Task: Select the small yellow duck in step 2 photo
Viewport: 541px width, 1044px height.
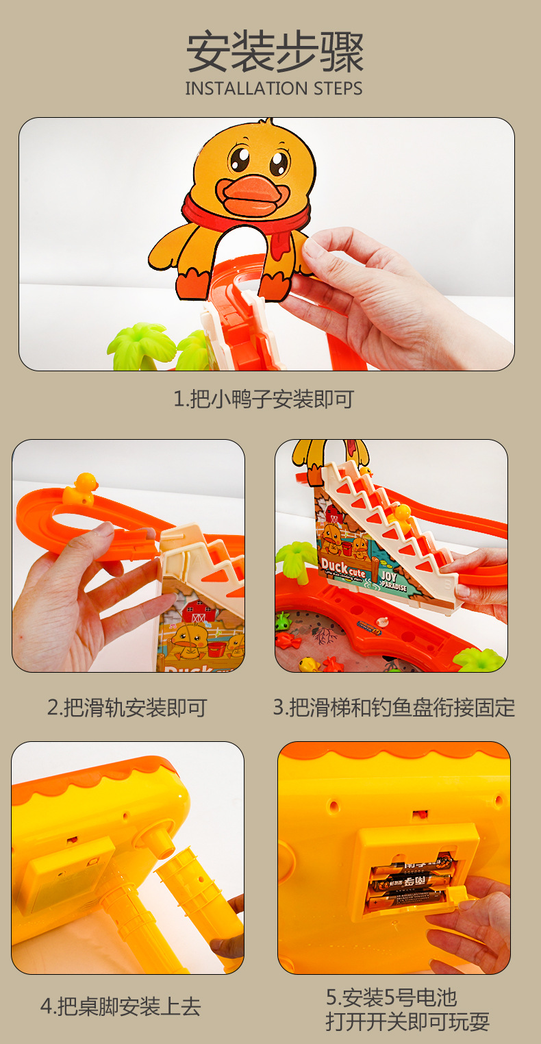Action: [x=79, y=490]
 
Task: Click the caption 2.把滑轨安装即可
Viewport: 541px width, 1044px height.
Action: [x=127, y=708]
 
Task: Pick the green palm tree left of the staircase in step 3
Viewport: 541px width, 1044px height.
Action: [x=296, y=556]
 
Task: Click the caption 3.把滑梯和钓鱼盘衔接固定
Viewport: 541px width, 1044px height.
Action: [x=394, y=708]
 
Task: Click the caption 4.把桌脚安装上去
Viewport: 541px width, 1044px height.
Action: [x=121, y=1006]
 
